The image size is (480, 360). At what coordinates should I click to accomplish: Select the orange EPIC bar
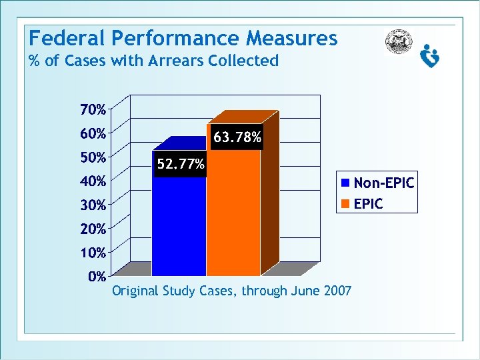(232, 213)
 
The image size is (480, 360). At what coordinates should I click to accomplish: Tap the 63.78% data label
(237, 138)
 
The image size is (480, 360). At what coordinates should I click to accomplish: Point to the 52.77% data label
(181, 164)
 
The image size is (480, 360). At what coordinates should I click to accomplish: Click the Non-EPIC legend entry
(383, 183)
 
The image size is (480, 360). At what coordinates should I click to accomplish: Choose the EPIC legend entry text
(369, 203)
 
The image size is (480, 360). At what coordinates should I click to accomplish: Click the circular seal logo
(399, 42)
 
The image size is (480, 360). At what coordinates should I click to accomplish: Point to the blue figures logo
(430, 57)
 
